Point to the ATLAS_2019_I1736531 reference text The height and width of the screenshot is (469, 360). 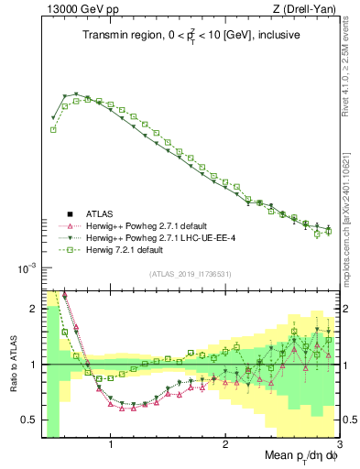tap(191, 274)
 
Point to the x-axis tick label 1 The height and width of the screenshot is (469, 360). tap(111, 446)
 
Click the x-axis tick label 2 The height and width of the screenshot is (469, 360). tap(225, 446)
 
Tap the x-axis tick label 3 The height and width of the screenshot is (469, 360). tap(338, 446)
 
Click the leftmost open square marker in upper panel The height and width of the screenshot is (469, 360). tap(53, 129)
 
